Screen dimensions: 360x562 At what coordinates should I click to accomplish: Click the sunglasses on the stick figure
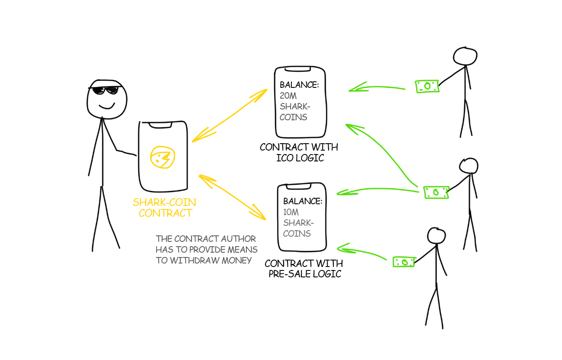tap(104, 90)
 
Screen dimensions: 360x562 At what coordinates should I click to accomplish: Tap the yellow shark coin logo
tap(163, 157)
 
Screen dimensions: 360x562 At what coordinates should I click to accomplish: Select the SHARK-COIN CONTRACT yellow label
tap(164, 208)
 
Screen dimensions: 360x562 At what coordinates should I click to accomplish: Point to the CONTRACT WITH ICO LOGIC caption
tap(299, 152)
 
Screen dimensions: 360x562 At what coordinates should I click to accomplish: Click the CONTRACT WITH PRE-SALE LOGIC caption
tap(304, 268)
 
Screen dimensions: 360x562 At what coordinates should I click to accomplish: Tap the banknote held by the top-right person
tap(427, 87)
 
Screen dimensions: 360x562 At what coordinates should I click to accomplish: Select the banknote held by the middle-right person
tap(436, 193)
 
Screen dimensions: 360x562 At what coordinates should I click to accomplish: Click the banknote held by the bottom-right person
tap(404, 262)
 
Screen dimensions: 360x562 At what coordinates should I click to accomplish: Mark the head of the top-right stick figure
tap(465, 56)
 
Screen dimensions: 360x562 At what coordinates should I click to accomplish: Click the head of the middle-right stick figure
tap(469, 166)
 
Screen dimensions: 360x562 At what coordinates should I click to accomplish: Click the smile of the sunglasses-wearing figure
tap(107, 106)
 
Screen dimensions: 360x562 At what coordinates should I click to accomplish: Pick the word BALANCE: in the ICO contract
tap(299, 85)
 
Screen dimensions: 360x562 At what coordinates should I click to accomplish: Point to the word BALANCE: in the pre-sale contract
tap(303, 202)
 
